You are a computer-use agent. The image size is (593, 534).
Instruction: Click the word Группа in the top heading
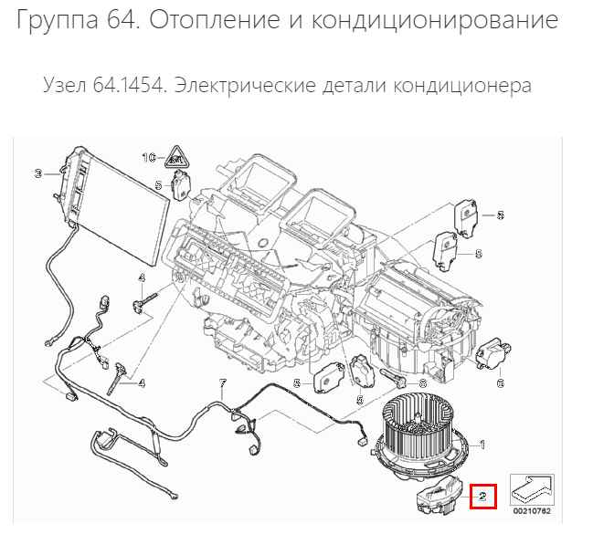coord(58,20)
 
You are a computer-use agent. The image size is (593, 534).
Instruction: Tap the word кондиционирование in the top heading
coord(435,20)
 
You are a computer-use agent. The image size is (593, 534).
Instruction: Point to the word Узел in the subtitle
coord(63,86)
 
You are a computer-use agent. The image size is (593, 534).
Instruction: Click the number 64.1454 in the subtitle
coord(129,85)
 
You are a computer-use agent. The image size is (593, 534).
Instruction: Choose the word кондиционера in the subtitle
coord(462,86)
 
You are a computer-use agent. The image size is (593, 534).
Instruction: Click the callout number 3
coord(37,173)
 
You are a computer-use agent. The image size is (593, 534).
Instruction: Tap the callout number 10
coord(149,157)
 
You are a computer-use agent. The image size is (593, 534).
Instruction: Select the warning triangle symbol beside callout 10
coord(176,157)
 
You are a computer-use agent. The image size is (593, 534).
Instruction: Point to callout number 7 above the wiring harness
coord(223,383)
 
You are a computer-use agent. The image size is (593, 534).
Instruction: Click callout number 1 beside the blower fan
coord(482,445)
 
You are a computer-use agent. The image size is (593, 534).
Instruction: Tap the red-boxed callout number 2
coord(482,497)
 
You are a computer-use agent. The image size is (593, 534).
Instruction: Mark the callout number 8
coord(422,384)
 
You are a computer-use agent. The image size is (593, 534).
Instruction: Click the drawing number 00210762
coord(532,511)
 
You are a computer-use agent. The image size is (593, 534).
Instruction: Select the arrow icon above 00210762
coord(532,489)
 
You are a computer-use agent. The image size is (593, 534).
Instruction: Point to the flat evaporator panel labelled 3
coord(113,207)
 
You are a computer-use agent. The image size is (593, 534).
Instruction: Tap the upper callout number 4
coord(142,278)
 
